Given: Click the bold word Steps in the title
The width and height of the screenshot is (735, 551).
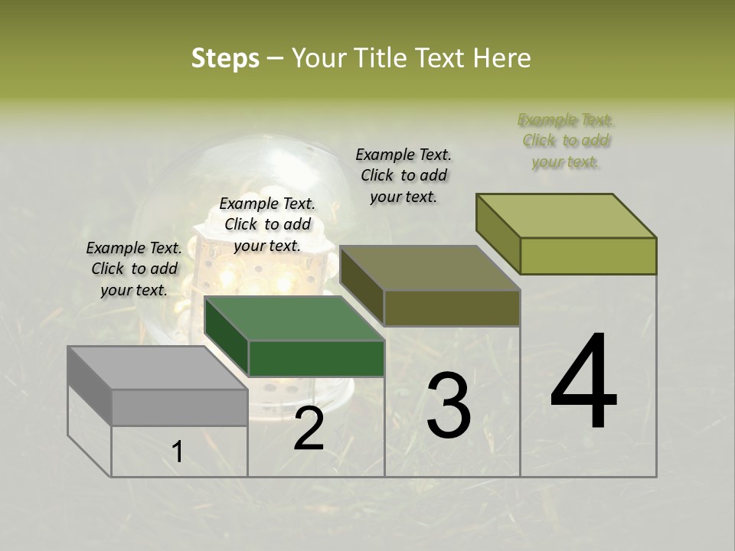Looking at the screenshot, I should point(225,58).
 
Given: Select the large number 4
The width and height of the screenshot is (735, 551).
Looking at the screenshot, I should point(583,382).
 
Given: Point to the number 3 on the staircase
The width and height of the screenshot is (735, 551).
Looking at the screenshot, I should point(449,405).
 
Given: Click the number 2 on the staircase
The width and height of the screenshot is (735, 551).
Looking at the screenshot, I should point(309,429).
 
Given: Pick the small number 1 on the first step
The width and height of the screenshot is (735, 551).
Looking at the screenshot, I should point(178,452).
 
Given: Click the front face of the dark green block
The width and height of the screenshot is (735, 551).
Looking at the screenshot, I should point(316,358).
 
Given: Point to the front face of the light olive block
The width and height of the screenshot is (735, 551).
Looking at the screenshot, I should point(588,256).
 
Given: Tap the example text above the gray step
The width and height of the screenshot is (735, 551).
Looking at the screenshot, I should point(134,269).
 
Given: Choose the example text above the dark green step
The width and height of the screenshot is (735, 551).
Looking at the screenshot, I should point(267,225).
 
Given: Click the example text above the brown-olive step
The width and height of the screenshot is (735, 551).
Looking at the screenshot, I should point(403,175).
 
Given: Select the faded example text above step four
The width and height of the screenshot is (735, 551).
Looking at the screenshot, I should point(566,141).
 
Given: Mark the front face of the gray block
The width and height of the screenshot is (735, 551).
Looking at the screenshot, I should point(179,407).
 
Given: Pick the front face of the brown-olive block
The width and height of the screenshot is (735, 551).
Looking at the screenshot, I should point(452,308).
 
